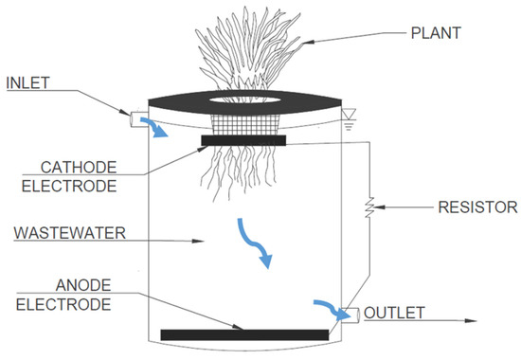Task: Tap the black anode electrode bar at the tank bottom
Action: (244, 333)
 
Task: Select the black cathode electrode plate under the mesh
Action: (243, 140)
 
